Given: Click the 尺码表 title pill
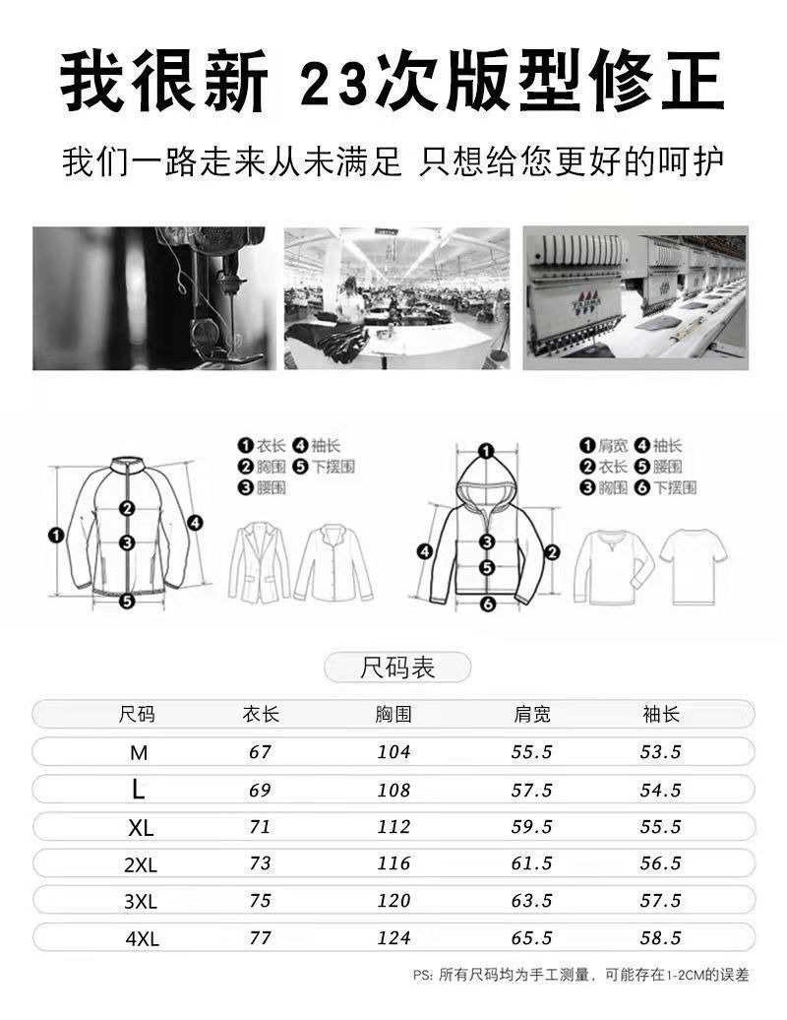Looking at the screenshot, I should [397, 669].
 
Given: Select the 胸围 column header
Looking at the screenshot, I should [393, 714].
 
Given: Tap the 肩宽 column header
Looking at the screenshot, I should [532, 714].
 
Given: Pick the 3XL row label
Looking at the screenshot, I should [142, 901].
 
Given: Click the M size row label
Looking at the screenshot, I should [139, 752].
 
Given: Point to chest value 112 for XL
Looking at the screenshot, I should [393, 826].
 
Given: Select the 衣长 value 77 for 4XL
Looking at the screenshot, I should [260, 937].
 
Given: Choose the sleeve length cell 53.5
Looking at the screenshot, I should [660, 752].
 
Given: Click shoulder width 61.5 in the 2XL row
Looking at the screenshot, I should [532, 863].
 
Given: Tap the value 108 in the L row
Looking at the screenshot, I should [393, 790].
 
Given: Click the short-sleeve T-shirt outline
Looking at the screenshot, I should [693, 564].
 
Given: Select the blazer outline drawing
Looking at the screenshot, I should [259, 562].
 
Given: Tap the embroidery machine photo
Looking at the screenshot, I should [635, 298].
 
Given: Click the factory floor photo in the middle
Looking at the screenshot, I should [396, 298].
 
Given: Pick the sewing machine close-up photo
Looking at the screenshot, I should [149, 298].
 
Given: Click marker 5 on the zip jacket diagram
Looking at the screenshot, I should [127, 600].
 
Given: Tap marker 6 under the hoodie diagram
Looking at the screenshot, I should [487, 604].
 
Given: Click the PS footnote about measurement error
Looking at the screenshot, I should [581, 976].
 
